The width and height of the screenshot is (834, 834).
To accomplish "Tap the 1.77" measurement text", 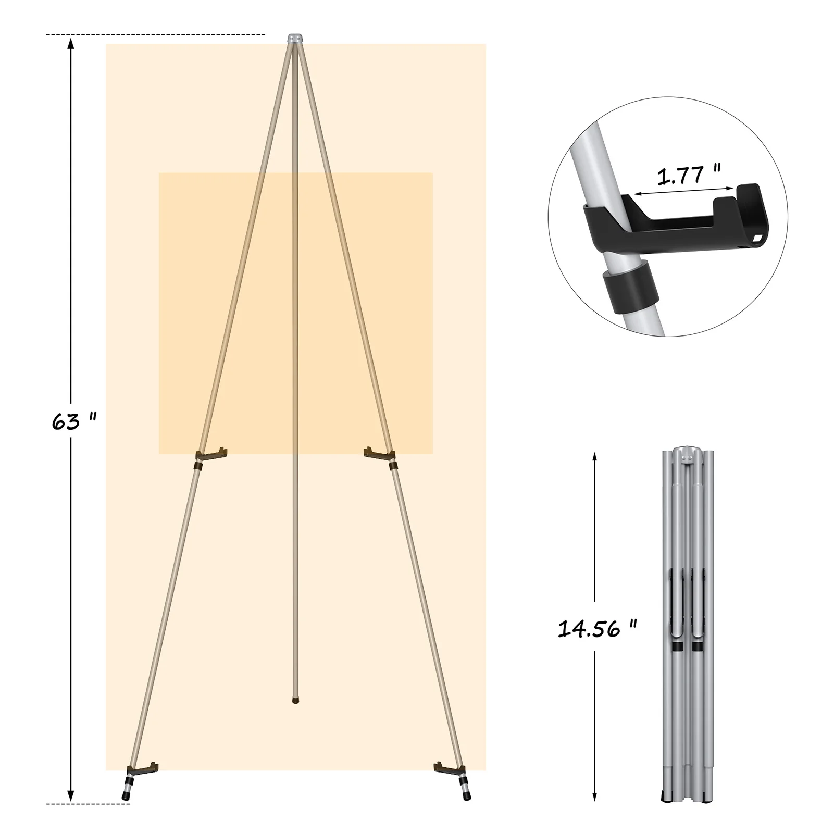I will [x=689, y=176].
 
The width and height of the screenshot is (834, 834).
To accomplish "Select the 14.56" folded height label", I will [x=597, y=629].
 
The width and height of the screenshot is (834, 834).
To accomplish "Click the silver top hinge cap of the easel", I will [x=295, y=39].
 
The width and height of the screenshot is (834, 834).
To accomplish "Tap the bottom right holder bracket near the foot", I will [x=449, y=768].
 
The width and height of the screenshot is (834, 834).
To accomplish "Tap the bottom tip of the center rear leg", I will [x=295, y=702].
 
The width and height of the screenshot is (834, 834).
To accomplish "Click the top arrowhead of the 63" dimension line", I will [x=71, y=43].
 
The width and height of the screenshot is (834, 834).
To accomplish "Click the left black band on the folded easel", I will [x=677, y=646].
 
